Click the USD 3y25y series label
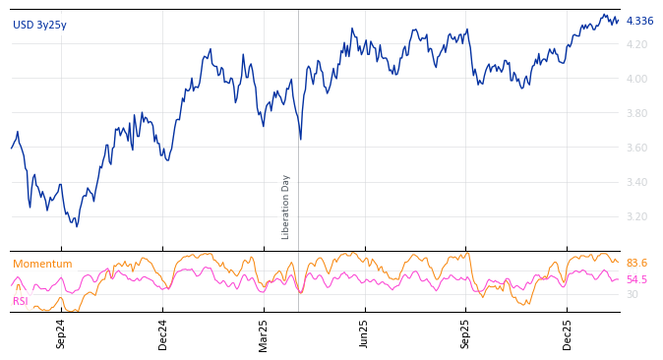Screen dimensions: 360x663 [39, 25]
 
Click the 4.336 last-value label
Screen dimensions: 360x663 [639, 21]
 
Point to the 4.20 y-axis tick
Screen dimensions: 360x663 [636, 44]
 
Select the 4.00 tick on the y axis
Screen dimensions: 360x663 [636, 79]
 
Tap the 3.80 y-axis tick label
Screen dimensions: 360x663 [636, 113]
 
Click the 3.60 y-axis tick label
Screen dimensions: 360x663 [636, 148]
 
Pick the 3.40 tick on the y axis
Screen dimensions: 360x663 [636, 182]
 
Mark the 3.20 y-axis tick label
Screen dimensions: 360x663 [636, 216]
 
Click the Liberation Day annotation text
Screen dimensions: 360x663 [286, 207]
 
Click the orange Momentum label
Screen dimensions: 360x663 [42, 264]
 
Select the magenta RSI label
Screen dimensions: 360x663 [21, 301]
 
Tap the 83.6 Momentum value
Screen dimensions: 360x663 [636, 263]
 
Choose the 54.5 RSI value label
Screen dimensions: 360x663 [636, 279]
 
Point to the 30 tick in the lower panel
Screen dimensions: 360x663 [632, 294]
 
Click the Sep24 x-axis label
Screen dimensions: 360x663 [61, 332]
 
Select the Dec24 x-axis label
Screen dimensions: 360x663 [162, 332]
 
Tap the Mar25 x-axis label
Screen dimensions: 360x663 [264, 332]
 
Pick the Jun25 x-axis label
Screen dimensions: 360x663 [365, 332]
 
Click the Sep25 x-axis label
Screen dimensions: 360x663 [466, 332]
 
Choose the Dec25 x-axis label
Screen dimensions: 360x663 [568, 332]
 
